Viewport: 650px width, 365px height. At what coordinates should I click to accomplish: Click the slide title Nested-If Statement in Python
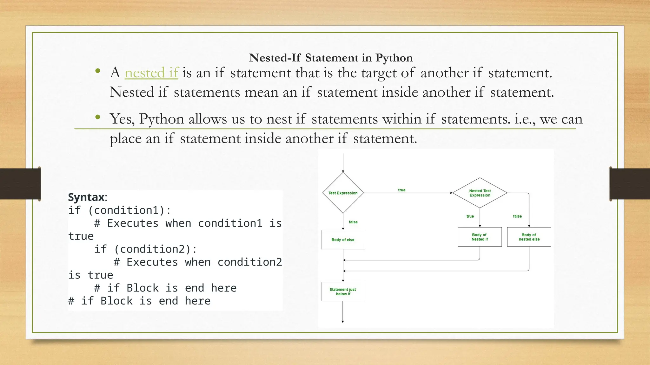tap(331, 58)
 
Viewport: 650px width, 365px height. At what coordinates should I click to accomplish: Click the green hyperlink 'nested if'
tap(151, 73)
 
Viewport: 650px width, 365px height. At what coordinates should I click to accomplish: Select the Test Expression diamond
tap(343, 193)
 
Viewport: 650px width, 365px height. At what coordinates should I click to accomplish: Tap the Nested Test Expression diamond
tap(480, 193)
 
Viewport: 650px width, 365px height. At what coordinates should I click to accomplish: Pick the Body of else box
tap(343, 240)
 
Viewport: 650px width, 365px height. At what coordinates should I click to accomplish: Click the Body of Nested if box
tap(480, 237)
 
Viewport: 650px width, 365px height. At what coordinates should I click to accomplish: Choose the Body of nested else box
tap(529, 237)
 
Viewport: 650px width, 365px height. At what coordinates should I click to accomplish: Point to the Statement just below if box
tap(343, 291)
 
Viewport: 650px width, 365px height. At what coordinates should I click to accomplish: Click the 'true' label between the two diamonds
tap(401, 190)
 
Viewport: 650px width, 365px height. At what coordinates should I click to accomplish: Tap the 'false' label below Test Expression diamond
tap(353, 222)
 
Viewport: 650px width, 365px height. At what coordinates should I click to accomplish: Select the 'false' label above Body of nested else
tap(517, 216)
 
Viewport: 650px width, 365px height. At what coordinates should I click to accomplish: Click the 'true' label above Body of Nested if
tap(470, 216)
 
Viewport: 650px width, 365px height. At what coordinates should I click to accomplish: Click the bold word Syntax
tap(86, 197)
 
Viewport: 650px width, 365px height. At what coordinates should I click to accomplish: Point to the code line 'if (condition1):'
tap(120, 210)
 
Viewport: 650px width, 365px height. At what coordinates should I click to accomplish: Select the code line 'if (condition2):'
tap(145, 249)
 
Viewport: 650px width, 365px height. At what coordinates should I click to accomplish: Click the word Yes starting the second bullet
tap(122, 119)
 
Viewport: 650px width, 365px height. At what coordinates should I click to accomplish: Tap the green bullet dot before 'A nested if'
tap(98, 71)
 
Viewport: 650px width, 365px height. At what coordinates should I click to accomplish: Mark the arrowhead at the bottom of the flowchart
tap(343, 321)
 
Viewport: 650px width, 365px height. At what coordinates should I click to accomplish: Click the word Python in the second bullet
tap(162, 119)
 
